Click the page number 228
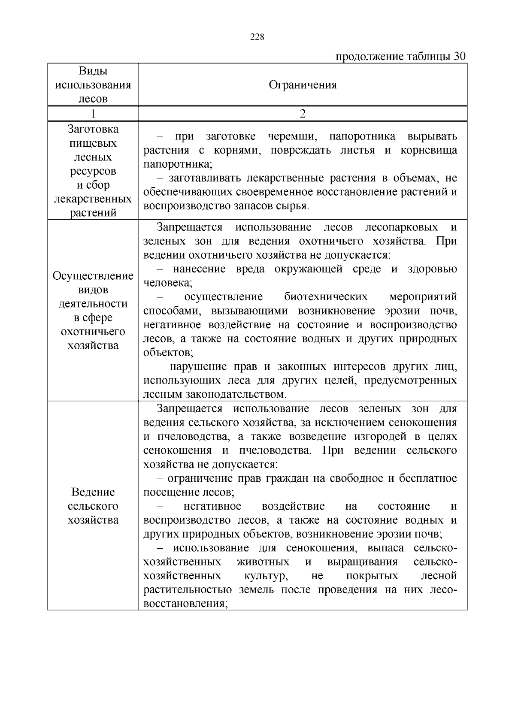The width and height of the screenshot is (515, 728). tap(257, 37)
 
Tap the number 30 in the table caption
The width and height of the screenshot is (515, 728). tap(459, 57)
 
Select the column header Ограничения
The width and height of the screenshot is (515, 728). tap(303, 85)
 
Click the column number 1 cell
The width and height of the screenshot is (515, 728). tap(93, 114)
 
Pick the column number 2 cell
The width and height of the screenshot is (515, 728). tap(303, 114)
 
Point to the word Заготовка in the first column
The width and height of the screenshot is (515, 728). tap(93, 129)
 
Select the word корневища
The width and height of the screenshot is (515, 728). tap(429, 150)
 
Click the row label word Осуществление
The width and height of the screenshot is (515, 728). tap(93, 276)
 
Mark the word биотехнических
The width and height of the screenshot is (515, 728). tap(326, 297)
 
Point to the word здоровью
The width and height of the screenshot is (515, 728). tap(432, 269)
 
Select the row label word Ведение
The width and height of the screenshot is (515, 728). tap(93, 492)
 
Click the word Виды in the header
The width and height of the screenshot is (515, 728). tap(93, 71)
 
